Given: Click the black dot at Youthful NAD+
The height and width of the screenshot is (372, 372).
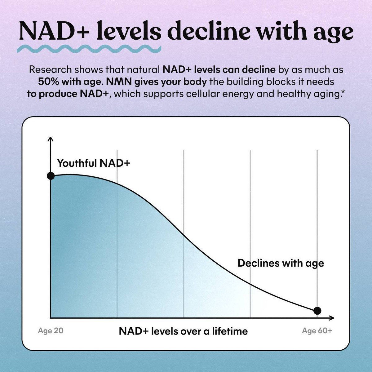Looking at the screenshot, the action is point(51,176).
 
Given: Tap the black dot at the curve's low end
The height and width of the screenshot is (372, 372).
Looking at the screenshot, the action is point(317,311).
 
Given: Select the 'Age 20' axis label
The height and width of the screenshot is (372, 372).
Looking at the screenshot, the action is point(51,331).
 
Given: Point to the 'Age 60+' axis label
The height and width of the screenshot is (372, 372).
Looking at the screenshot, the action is point(317,331).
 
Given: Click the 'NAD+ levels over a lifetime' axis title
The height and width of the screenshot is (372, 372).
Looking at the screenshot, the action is point(183,331).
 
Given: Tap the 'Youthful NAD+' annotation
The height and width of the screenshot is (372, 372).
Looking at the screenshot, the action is point(93,163).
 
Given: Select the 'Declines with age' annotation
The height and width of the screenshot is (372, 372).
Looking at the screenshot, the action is point(281,263).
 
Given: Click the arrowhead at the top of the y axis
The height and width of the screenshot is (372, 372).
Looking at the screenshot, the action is point(51,139).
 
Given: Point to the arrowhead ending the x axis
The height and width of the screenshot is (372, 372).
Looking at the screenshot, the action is point(331,318).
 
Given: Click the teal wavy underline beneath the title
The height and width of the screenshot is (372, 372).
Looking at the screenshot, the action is point(89,49).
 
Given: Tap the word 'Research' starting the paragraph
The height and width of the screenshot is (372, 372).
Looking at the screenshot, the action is point(51,70).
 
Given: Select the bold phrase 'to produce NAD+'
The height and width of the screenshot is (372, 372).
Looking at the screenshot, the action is point(68,94).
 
